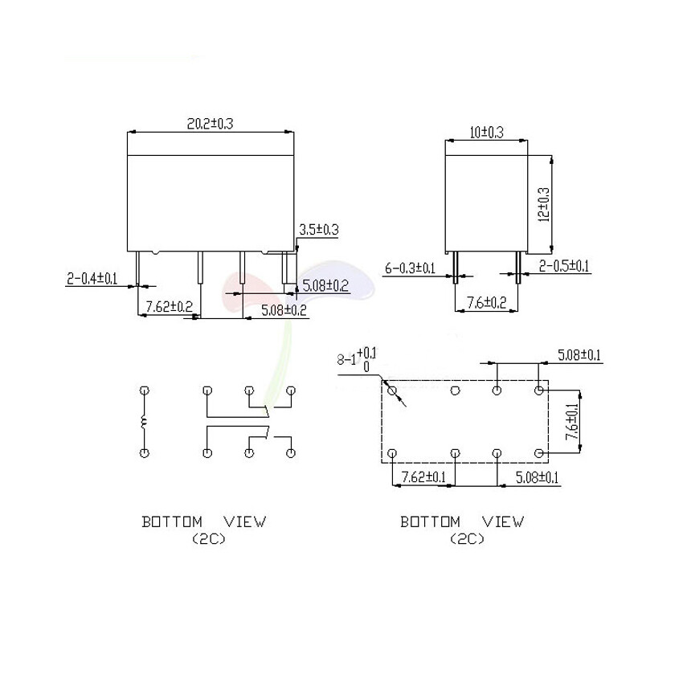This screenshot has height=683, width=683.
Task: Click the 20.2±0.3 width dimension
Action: tap(210, 124)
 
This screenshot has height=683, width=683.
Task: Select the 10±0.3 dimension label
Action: tap(486, 132)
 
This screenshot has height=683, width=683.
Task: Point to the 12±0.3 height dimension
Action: tap(544, 205)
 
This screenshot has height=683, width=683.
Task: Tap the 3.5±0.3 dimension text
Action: tap(318, 230)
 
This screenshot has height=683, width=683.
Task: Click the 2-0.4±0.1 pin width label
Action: tap(92, 278)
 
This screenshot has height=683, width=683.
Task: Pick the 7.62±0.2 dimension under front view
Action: tap(169, 306)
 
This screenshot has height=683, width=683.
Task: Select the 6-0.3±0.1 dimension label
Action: tap(410, 268)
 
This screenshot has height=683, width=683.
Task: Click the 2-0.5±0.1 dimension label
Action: tap(563, 265)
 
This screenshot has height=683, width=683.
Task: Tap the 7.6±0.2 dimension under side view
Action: tap(487, 302)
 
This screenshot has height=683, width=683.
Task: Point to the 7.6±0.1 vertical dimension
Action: tap(571, 421)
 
